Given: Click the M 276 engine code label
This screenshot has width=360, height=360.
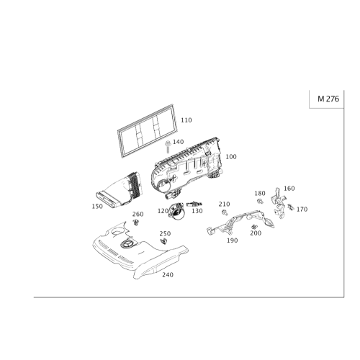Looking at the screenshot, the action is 328,99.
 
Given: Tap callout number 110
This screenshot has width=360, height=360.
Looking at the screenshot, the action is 186,120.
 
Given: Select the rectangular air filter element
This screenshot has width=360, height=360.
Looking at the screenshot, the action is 148,131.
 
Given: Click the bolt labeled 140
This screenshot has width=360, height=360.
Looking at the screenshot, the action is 168,146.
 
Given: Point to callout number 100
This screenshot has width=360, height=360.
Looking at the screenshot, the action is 231,157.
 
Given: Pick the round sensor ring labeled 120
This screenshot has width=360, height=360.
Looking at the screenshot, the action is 176,212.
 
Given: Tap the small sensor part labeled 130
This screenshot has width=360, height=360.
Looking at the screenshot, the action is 194,204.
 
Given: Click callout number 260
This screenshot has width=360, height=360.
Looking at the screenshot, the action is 138,214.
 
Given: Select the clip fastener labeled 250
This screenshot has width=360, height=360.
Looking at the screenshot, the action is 163,241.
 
